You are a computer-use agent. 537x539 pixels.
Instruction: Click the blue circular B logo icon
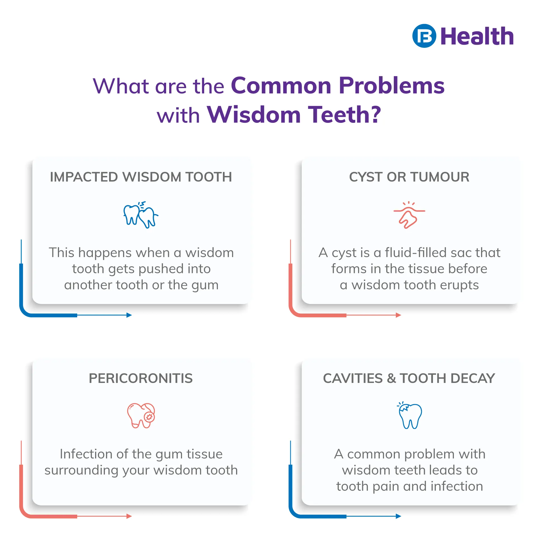point(424,36)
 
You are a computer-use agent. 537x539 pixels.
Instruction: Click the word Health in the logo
point(477,36)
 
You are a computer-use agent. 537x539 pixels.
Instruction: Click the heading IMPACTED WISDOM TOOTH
point(141,177)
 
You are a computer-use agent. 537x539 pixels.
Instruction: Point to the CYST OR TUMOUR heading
point(409,177)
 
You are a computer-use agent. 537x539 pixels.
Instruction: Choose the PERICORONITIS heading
point(141,378)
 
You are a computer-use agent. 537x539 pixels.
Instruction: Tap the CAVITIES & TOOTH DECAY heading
point(409,378)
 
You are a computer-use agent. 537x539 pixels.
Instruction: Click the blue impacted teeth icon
point(141,215)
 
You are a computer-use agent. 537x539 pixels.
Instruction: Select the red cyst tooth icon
point(409,215)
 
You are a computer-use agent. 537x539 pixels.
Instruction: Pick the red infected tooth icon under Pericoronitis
point(141,415)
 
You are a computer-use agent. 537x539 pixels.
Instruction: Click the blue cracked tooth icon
point(409,415)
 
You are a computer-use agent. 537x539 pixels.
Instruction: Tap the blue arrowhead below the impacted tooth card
point(129,315)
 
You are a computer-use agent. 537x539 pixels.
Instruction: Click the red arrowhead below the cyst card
point(399,315)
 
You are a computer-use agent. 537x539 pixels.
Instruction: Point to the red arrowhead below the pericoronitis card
point(129,516)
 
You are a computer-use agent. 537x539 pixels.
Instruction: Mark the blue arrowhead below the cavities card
point(399,516)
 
